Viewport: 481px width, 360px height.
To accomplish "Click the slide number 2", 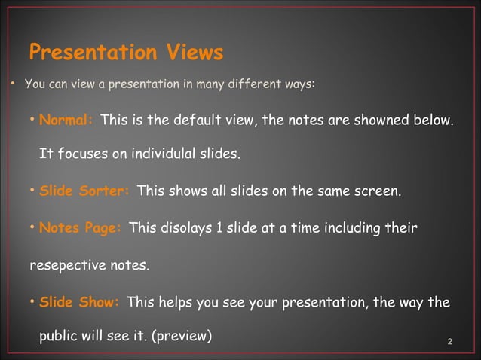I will tap(450, 343).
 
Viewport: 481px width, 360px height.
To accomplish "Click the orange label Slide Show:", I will tap(79, 303).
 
